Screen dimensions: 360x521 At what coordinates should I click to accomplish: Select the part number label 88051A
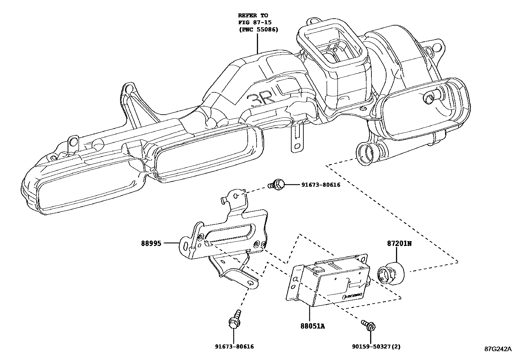pos(313,326)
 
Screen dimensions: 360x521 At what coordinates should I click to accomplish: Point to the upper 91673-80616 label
pos(321,185)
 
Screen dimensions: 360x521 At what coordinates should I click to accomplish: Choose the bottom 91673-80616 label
pos(234,347)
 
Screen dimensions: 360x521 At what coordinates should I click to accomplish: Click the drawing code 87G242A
pos(498,349)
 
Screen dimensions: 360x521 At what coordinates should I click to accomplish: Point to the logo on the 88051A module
pos(352,296)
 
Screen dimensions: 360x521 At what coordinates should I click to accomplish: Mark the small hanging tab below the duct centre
pos(297,141)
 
